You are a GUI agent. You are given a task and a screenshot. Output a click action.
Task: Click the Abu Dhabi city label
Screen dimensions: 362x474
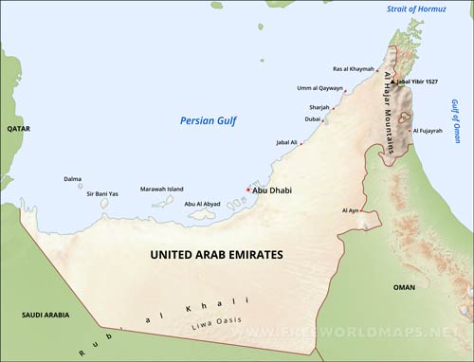click(x=273, y=190)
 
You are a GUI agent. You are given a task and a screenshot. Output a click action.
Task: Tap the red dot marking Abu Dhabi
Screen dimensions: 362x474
click(x=248, y=190)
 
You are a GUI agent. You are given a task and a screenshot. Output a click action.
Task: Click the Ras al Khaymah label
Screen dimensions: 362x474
click(x=353, y=68)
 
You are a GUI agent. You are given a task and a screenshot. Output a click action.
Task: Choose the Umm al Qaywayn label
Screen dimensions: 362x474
click(x=320, y=88)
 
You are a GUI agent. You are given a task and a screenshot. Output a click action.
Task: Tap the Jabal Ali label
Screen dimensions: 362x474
click(x=286, y=142)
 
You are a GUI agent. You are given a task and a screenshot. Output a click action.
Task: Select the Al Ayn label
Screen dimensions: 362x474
click(x=350, y=210)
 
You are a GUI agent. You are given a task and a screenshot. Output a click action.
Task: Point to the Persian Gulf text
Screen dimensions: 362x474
click(x=208, y=120)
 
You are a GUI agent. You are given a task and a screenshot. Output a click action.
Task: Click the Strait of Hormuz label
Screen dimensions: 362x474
click(x=415, y=9)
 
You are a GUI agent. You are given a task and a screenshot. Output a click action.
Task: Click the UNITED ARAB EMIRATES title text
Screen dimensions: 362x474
click(x=217, y=255)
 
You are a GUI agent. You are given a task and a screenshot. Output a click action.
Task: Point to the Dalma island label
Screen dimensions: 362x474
click(x=72, y=178)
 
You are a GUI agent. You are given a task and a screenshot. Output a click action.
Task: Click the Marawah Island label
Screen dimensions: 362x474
click(x=162, y=189)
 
